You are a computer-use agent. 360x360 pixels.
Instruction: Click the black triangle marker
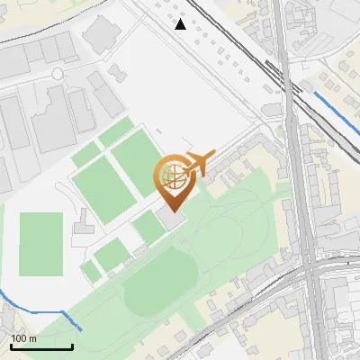tap(181, 24)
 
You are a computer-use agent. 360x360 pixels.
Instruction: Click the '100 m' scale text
tap(23, 338)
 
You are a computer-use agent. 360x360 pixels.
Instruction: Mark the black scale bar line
tap(41, 347)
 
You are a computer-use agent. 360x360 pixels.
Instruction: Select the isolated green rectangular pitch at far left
tap(40, 244)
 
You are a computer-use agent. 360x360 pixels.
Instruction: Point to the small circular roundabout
tap(58, 73)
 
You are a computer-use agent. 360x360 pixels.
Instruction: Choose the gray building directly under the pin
tap(172, 219)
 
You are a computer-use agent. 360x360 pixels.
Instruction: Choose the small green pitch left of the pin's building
tap(149, 228)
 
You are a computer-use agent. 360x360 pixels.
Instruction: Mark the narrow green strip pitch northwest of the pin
tap(115, 134)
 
